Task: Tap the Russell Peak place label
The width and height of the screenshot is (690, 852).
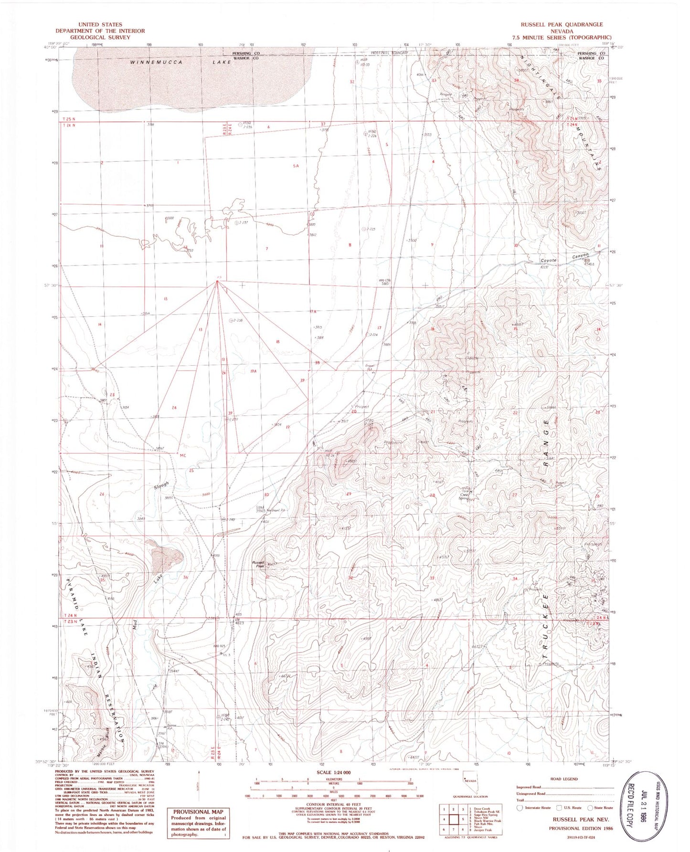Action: pos(258,564)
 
